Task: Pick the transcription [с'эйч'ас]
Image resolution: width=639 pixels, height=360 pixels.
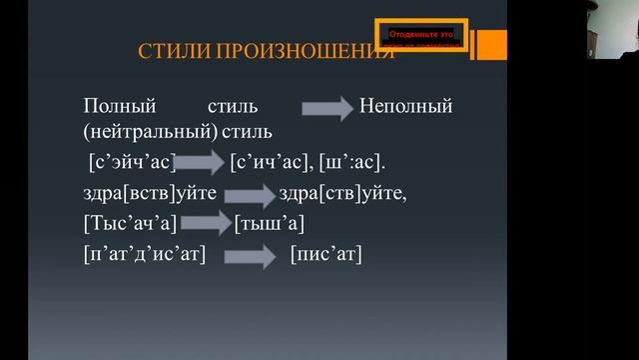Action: pyautogui.click(x=132, y=161)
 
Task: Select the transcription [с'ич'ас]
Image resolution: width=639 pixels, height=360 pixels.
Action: pyautogui.click(x=270, y=161)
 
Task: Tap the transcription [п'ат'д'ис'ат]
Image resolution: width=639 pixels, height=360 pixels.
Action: pyautogui.click(x=145, y=255)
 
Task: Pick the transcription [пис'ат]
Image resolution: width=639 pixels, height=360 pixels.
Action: pyautogui.click(x=325, y=255)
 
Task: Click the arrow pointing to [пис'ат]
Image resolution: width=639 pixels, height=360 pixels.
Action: pyautogui.click(x=249, y=256)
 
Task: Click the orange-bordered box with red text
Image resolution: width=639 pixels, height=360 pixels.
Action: pyautogui.click(x=420, y=35)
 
